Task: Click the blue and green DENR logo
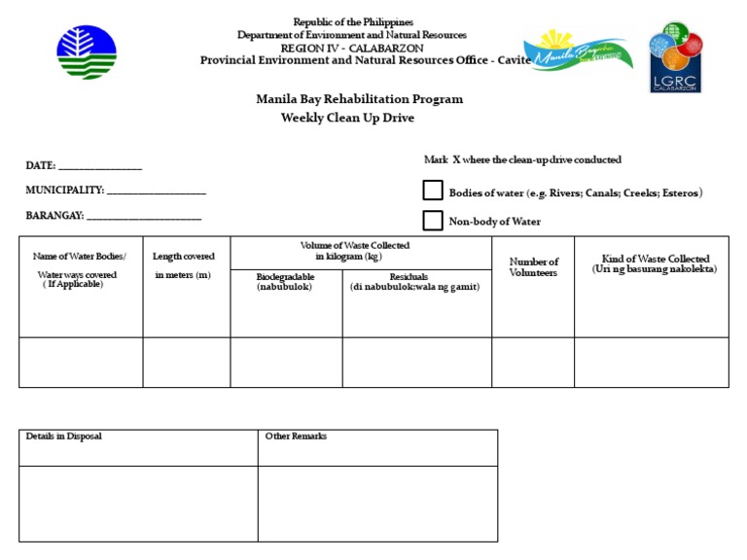pyautogui.click(x=87, y=52)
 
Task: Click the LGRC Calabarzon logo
pyautogui.click(x=677, y=57)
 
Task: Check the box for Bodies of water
pyautogui.click(x=433, y=191)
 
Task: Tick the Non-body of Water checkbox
pyautogui.click(x=433, y=221)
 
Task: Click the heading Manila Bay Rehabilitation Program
pyautogui.click(x=359, y=99)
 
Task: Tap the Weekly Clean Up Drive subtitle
pyautogui.click(x=347, y=118)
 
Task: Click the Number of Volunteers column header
pyautogui.click(x=533, y=267)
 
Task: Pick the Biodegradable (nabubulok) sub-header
pyautogui.click(x=285, y=282)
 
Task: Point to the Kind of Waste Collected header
pyautogui.click(x=654, y=263)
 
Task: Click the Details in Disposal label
pyautogui.click(x=64, y=437)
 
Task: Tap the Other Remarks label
pyautogui.click(x=296, y=437)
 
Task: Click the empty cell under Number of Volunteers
pyautogui.click(x=533, y=362)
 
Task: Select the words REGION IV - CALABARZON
pyautogui.click(x=352, y=48)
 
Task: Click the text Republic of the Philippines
pyautogui.click(x=353, y=22)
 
